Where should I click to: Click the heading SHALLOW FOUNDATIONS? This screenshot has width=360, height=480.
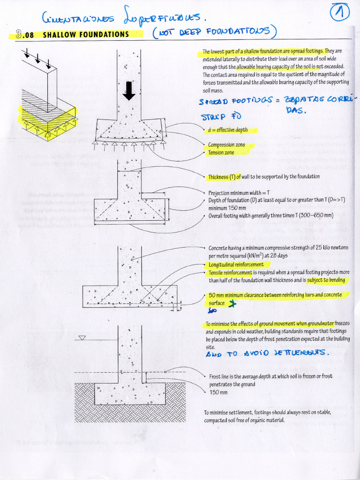click(x=86, y=34)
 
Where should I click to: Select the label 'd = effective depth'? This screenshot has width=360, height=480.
click(x=228, y=130)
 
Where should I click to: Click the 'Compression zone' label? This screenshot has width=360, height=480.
click(x=228, y=145)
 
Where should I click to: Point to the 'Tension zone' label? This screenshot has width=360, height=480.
click(x=221, y=153)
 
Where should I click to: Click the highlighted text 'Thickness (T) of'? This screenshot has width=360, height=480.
click(x=224, y=177)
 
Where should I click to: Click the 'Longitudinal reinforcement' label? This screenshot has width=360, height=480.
click(x=236, y=265)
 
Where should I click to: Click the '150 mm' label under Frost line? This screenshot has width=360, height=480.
click(x=218, y=392)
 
